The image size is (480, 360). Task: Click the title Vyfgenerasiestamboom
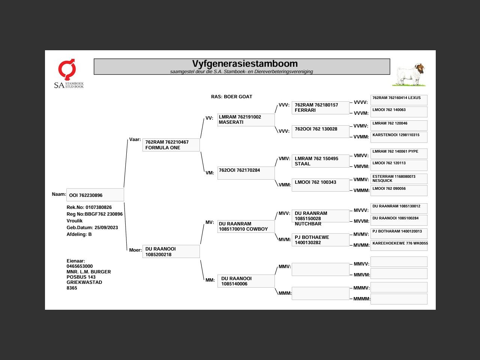[245, 64]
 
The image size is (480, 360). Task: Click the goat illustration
[409, 75]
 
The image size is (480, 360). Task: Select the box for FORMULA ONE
[171, 145]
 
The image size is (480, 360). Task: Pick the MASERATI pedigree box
[246, 120]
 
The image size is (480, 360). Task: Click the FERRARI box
[320, 108]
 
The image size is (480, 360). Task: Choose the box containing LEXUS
[399, 100]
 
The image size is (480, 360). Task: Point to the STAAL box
[320, 161]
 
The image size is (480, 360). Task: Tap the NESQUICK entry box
[399, 178]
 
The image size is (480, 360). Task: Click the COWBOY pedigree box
[246, 226]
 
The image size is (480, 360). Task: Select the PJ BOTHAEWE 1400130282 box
[320, 240]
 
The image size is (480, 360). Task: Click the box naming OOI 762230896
[95, 195]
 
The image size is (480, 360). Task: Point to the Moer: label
[135, 250]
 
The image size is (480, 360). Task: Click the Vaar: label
[135, 139]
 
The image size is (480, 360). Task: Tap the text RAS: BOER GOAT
[231, 97]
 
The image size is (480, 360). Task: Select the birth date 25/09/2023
[106, 228]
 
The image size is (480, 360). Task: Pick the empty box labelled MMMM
[399, 299]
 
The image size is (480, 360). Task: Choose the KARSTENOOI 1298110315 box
[399, 137]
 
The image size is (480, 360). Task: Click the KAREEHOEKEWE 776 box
[399, 245]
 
